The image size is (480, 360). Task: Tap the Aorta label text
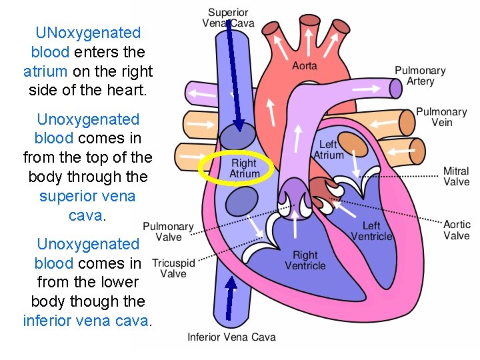tap(305, 65)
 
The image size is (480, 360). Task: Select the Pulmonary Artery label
tap(420, 75)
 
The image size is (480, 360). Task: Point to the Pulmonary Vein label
tap(441, 117)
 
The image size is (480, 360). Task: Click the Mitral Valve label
tap(457, 176)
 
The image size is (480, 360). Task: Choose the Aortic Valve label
tap(457, 229)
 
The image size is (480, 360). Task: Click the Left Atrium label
tap(329, 149)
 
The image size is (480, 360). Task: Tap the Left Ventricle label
tap(371, 231)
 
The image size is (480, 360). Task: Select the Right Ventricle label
tap(305, 260)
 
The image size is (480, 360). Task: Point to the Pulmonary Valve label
tap(168, 231)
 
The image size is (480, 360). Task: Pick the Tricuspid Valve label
tap(173, 268)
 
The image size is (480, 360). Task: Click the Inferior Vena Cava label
tap(231, 337)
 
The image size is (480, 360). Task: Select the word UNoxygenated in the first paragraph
tap(88, 33)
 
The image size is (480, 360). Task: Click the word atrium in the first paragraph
tap(45, 71)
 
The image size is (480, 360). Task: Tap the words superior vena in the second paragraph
tap(87, 196)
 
